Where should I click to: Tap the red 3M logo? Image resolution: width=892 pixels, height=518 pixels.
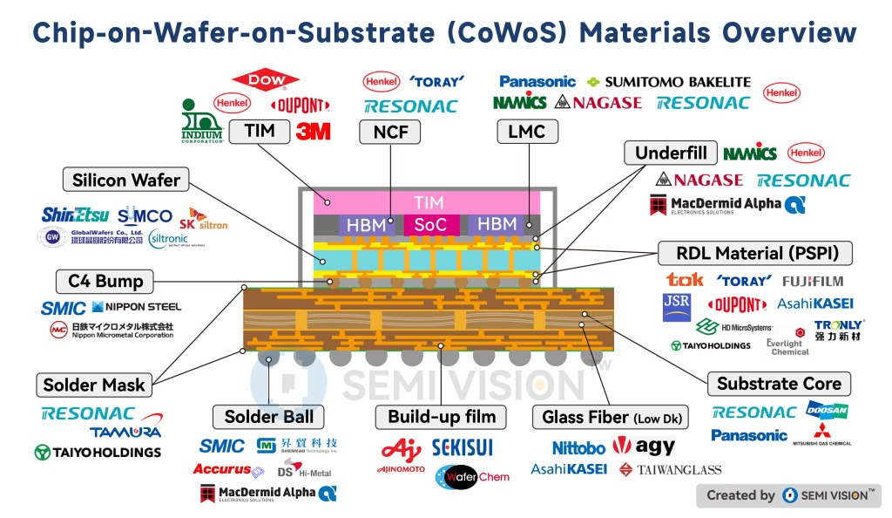[313, 132]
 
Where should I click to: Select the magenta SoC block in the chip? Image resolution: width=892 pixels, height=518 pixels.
[429, 224]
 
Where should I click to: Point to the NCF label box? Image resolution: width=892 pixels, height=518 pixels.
[389, 132]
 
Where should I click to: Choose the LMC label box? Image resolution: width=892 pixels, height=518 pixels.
[527, 132]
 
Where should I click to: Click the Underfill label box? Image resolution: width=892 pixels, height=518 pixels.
[670, 153]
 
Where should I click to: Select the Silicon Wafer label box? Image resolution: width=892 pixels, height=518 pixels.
[125, 181]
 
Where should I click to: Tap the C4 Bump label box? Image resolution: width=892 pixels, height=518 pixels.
[105, 282]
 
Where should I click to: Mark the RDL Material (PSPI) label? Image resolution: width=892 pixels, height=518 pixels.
[753, 254]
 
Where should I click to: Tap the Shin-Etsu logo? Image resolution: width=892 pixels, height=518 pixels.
[75, 215]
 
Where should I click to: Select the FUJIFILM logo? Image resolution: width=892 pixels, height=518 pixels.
[813, 281]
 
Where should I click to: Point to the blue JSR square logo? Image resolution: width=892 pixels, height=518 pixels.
[677, 307]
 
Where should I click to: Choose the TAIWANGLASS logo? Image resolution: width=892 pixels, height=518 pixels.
[670, 470]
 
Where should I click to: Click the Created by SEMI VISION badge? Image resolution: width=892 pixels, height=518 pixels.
[787, 495]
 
